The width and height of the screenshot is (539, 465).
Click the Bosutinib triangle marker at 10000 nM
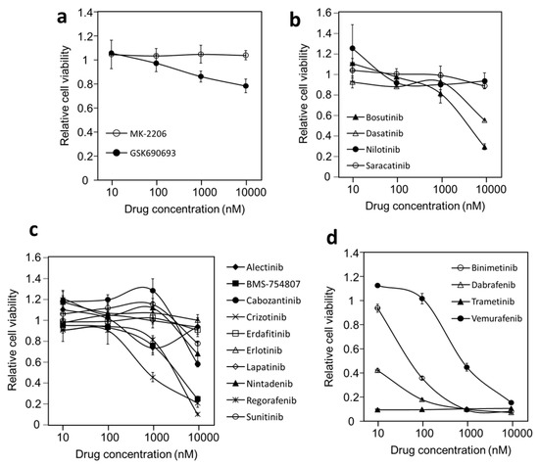[x=512, y=147]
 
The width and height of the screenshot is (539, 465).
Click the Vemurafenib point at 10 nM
[x=350, y=286]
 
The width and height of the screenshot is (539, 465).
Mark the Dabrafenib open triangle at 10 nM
[x=350, y=371]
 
